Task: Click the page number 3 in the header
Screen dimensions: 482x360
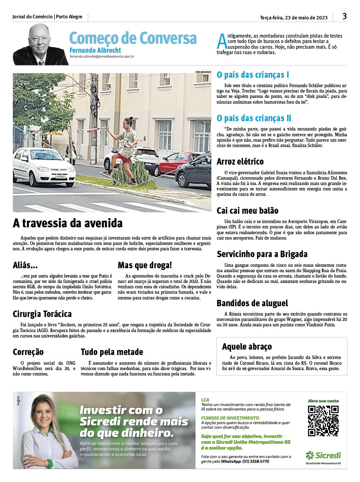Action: [x=344, y=16]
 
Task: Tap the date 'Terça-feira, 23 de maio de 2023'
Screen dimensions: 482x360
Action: [x=294, y=18]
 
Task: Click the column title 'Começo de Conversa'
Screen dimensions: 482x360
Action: [x=133, y=38]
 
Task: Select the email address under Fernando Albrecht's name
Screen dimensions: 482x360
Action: [x=102, y=57]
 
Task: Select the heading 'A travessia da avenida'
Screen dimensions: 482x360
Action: [x=68, y=223]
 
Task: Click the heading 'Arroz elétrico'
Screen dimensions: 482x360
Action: [x=240, y=162]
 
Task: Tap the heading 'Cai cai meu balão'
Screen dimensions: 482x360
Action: [x=247, y=211]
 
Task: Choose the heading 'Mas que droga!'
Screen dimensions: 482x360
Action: [x=145, y=265]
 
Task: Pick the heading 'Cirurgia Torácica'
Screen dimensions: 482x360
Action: [x=42, y=314]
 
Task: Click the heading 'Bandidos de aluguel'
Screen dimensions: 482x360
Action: [x=252, y=303]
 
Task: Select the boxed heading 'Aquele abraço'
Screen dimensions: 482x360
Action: [x=247, y=347]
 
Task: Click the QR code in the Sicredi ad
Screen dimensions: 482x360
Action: [x=323, y=421]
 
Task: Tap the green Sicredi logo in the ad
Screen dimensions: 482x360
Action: [x=323, y=455]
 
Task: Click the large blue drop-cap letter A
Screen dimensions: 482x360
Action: [x=222, y=42]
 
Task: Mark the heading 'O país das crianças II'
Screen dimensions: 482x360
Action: [x=254, y=118]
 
